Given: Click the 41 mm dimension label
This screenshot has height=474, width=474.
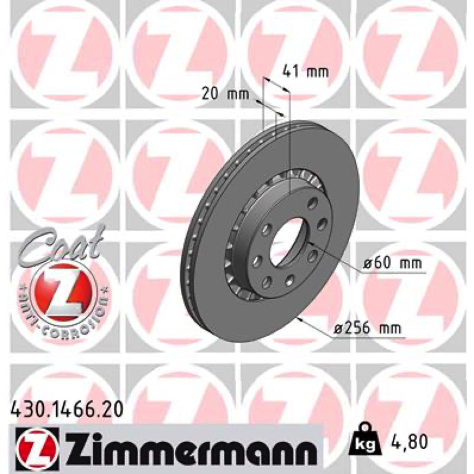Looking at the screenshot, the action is (x=305, y=72).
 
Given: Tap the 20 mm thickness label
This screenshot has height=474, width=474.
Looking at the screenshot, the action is (x=226, y=94).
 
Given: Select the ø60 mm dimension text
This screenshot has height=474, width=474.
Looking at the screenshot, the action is (x=392, y=263).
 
